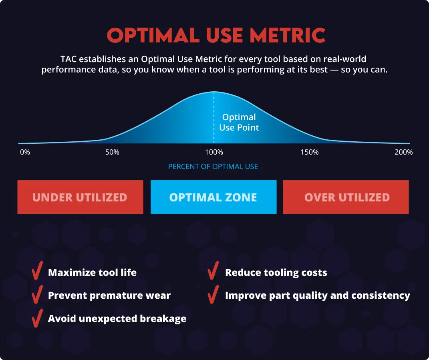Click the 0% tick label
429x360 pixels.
pos(25,152)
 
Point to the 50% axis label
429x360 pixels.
pos(112,152)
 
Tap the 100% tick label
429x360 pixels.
pos(214,152)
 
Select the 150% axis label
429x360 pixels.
pos(310,152)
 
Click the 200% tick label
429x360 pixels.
pos(403,152)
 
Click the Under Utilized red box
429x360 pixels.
pos(80,197)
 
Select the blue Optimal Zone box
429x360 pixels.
pos(213,197)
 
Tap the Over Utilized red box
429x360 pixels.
pos(346,197)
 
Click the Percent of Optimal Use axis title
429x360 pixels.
pos(213,167)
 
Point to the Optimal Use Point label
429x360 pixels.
pos(239,122)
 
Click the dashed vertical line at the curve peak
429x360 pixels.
pos(213,118)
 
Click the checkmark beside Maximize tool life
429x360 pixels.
pos(37,270)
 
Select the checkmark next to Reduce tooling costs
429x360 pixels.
pos(213,270)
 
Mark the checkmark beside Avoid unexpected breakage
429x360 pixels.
pos(37,318)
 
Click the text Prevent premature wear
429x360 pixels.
pos(109,296)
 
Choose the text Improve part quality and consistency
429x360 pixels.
pos(317,296)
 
